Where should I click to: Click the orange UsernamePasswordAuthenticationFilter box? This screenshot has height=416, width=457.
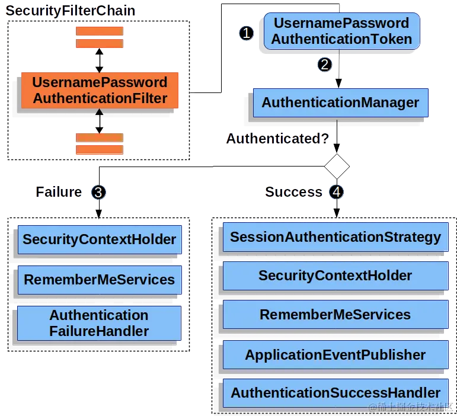(x=100, y=91)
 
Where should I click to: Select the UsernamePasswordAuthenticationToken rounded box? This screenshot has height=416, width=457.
(x=341, y=31)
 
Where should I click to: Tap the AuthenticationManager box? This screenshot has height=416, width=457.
(x=340, y=103)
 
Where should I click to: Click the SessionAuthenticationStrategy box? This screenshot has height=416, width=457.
(x=335, y=238)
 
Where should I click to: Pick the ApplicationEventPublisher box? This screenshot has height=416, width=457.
(x=335, y=355)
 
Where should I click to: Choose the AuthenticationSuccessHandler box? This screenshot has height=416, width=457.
(x=335, y=393)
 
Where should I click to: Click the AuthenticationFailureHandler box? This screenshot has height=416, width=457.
(x=99, y=323)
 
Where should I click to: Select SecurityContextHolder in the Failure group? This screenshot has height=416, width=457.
(x=99, y=240)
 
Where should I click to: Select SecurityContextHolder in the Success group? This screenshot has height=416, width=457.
(x=335, y=276)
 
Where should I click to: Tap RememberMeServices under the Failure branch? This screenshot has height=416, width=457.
(x=99, y=280)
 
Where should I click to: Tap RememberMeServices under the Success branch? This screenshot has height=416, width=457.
(x=335, y=315)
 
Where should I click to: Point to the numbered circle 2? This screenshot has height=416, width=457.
(x=324, y=65)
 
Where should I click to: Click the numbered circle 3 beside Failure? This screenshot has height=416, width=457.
(x=98, y=192)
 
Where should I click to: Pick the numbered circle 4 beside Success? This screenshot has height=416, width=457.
(x=337, y=192)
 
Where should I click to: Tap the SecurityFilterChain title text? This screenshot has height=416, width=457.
(x=71, y=11)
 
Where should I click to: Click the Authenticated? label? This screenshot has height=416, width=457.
(x=277, y=140)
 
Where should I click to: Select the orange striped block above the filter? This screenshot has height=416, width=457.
(x=100, y=37)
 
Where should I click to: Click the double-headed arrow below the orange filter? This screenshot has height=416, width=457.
(x=100, y=121)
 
